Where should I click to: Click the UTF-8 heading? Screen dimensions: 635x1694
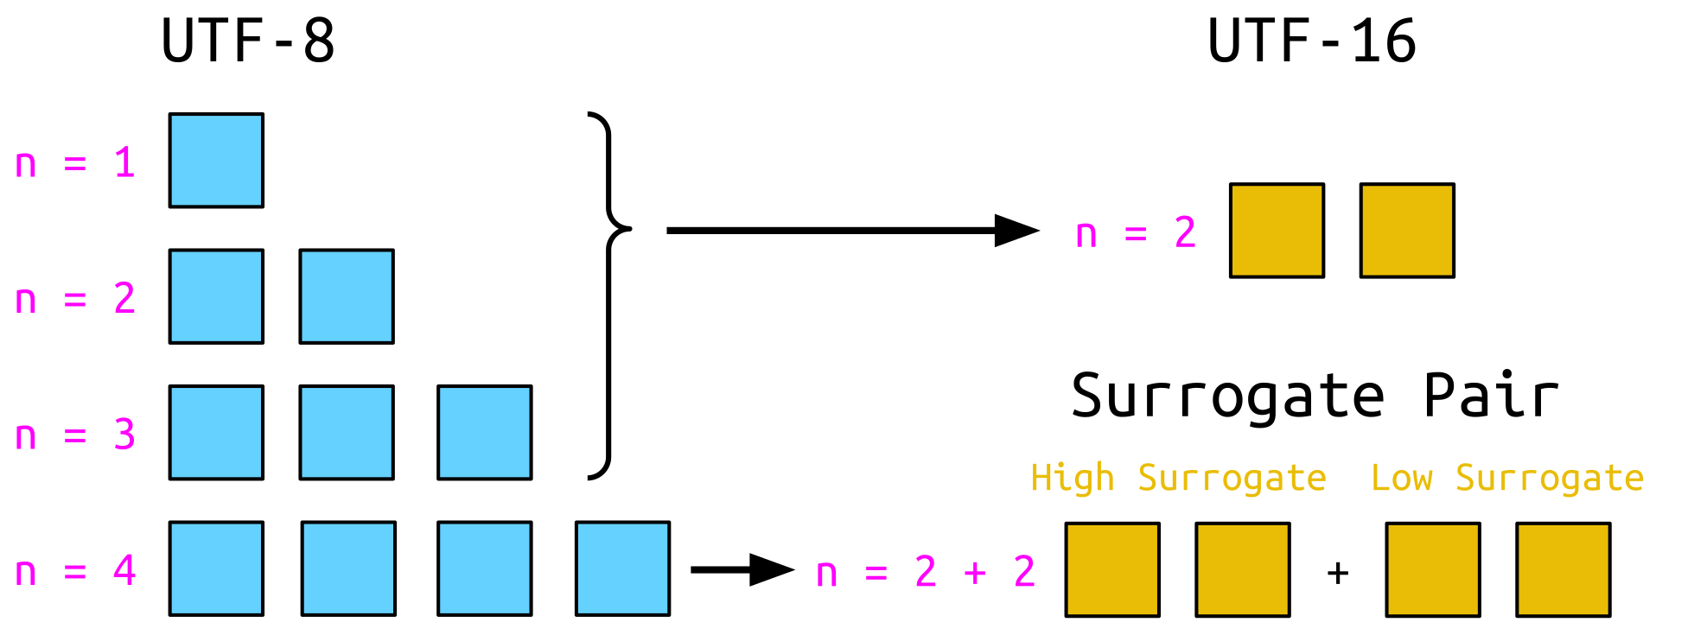click(248, 41)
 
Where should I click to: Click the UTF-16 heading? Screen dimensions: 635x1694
click(1311, 41)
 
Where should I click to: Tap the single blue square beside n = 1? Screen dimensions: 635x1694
click(216, 161)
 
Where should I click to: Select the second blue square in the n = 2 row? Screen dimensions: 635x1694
click(347, 296)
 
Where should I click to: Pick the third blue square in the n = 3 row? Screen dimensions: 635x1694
click(485, 432)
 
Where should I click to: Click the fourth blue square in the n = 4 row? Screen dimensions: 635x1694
click(622, 568)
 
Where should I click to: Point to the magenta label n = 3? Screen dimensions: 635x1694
click(75, 435)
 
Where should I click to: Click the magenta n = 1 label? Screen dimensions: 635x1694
click(75, 163)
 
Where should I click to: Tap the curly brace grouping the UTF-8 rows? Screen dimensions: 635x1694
click(609, 295)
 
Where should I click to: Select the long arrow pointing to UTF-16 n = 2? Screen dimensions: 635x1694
click(851, 231)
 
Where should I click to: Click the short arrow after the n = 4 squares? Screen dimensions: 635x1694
click(742, 569)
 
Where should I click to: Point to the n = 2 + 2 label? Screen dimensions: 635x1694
click(925, 572)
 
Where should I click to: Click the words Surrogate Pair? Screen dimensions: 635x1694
click(1315, 397)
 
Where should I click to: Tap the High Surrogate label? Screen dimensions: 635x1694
click(1178, 478)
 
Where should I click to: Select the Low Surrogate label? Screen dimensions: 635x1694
click(1507, 478)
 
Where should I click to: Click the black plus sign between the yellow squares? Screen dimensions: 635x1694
click(1338, 573)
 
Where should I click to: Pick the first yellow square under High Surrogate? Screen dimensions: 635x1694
click(1112, 569)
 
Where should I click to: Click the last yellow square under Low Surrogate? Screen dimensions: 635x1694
click(1563, 569)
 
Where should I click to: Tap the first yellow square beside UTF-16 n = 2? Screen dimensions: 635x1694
click(1277, 231)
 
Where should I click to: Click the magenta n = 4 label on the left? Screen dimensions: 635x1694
click(75, 571)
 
